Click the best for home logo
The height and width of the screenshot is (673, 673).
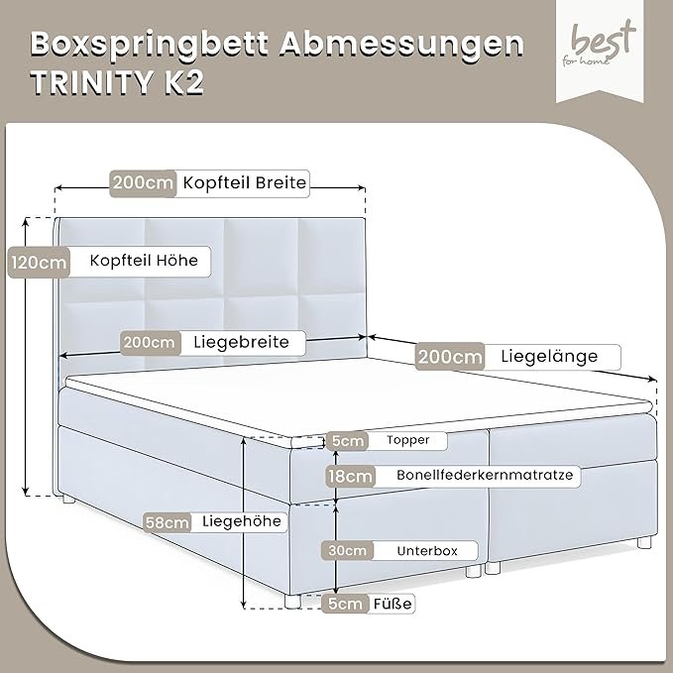(600, 51)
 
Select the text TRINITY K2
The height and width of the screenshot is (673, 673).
(117, 81)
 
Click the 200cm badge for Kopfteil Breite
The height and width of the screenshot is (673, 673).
(143, 183)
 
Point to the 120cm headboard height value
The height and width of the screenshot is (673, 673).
(39, 263)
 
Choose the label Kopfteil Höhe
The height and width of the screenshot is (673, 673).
(144, 260)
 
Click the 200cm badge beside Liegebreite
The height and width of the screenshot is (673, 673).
(150, 343)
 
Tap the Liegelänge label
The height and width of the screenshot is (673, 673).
(549, 356)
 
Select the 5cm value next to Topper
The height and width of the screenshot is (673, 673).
(347, 440)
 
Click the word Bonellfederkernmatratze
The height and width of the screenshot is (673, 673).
(485, 475)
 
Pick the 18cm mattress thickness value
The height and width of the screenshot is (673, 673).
(350, 476)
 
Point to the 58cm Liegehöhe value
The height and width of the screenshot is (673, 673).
(167, 522)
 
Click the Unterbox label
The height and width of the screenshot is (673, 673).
(427, 551)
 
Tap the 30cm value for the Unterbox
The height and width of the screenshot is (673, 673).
(347, 550)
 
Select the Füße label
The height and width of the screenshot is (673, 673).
(393, 604)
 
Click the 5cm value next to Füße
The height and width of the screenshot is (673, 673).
(346, 604)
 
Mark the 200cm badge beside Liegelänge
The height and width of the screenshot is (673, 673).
(450, 356)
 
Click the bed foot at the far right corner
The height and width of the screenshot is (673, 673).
(644, 542)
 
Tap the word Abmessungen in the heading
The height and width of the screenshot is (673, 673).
(401, 45)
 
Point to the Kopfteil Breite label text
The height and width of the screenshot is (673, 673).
(245, 182)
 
